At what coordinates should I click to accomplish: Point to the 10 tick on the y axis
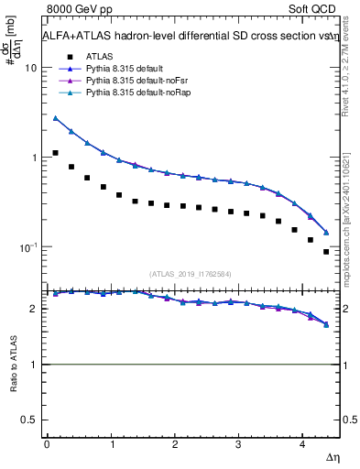click(30, 68)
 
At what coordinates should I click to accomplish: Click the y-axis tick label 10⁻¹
click(27, 247)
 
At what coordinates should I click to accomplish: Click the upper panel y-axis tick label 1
click(33, 158)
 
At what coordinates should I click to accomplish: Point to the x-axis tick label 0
click(47, 443)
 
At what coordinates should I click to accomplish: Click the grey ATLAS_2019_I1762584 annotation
click(190, 272)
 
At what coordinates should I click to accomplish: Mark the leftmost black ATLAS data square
click(56, 153)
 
